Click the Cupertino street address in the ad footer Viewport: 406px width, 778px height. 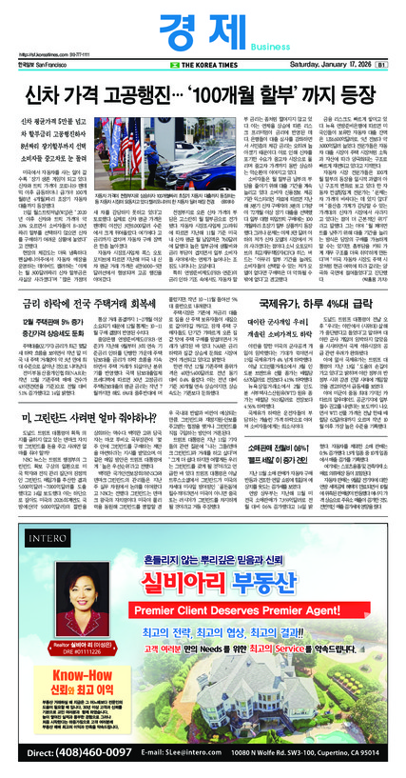coord(315,756)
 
